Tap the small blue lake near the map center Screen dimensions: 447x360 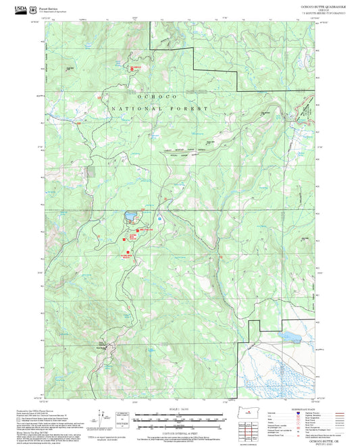[x=130, y=217]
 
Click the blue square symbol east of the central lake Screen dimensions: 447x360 [x=159, y=219]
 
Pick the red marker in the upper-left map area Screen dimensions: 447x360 [x=132, y=68]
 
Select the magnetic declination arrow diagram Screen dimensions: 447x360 [x=102, y=418]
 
